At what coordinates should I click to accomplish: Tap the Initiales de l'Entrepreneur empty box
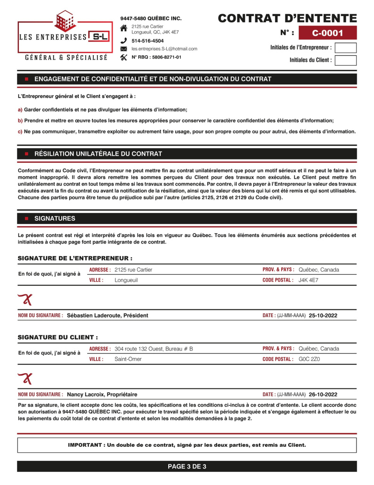(x=345, y=48)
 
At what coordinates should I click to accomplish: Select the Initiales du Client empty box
(x=345, y=60)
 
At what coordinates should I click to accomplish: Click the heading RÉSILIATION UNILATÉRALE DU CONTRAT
(x=98, y=154)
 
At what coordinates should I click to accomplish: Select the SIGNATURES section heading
(x=55, y=218)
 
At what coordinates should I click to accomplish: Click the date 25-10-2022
(x=323, y=316)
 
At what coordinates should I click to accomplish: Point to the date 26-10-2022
(x=323, y=394)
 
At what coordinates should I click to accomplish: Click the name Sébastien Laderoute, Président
(x=107, y=316)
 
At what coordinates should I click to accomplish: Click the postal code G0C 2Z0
(x=309, y=359)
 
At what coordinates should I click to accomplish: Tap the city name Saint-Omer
(x=128, y=359)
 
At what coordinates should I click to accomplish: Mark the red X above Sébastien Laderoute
(x=25, y=299)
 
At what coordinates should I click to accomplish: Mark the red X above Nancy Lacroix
(x=25, y=378)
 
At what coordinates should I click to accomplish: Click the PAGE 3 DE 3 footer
(x=187, y=467)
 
